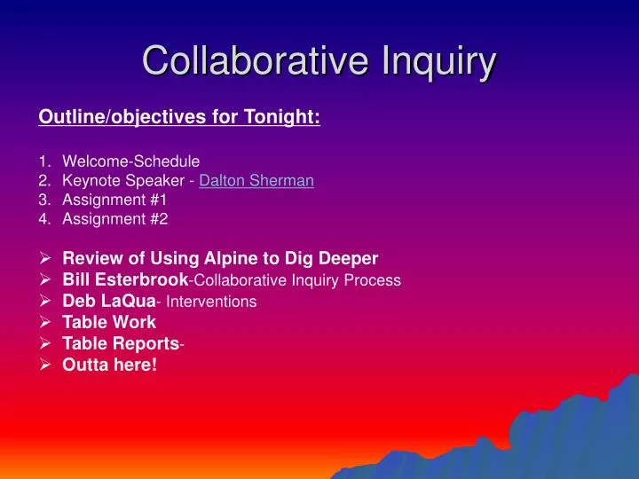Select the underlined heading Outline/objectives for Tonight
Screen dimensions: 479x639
[x=179, y=117]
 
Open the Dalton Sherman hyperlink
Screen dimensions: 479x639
[x=256, y=181]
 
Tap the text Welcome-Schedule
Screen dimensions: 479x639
[x=130, y=161]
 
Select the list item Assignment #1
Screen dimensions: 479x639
[x=114, y=200]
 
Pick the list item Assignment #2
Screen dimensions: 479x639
[x=114, y=219]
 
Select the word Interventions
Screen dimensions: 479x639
[x=212, y=302]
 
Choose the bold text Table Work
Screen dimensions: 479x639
[x=109, y=322]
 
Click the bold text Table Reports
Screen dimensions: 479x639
[x=120, y=343]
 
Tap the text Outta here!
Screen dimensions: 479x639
[x=109, y=365]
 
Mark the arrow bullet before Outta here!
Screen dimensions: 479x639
[x=45, y=365]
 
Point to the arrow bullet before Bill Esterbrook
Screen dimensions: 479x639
[x=45, y=279]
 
